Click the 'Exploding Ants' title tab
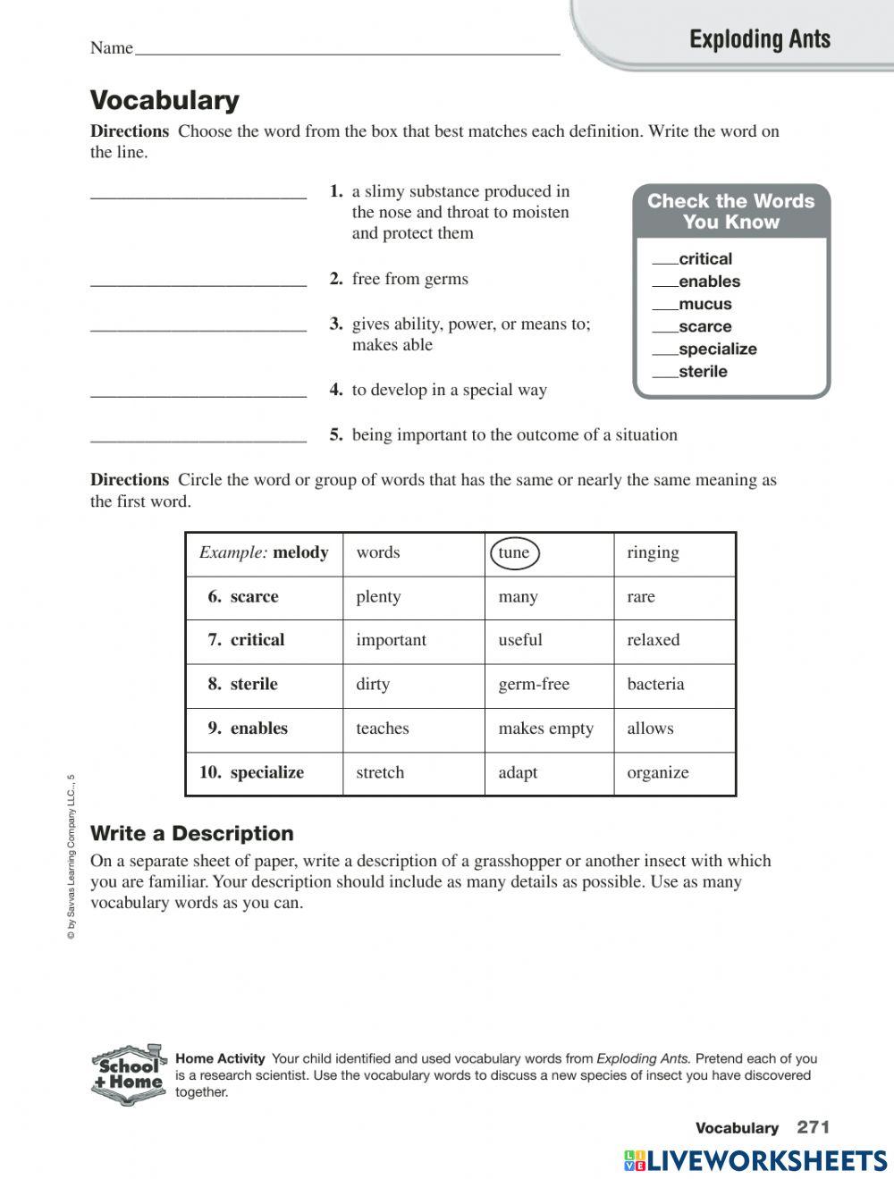(x=760, y=39)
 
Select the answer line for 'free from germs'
(x=198, y=283)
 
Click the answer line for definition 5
(x=198, y=439)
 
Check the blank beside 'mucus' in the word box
(x=664, y=307)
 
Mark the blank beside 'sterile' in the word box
(x=664, y=375)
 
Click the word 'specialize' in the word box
(x=717, y=349)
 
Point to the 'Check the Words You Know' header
(x=730, y=212)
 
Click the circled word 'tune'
(x=514, y=552)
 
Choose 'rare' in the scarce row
(x=641, y=597)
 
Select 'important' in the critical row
(x=391, y=640)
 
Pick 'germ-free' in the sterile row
(x=534, y=685)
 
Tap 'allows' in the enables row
(x=650, y=728)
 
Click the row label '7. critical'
(x=246, y=640)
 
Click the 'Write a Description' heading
(x=192, y=833)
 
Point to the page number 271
(x=814, y=1127)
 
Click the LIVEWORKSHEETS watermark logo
(x=755, y=1160)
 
